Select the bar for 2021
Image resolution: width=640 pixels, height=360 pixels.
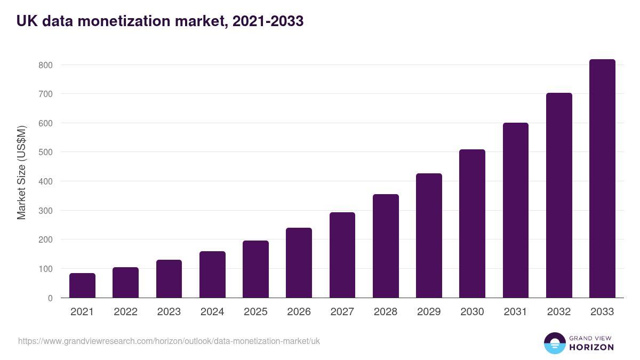pos(82,285)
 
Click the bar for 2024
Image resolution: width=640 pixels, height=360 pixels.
pos(212,274)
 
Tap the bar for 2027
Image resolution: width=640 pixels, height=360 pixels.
pos(342,255)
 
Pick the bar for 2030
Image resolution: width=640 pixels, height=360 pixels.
pos(472,223)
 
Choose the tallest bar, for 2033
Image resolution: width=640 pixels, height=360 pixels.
pos(602,179)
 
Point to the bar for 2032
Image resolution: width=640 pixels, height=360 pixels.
pos(559,195)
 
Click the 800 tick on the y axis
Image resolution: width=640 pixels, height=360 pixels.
pos(45,65)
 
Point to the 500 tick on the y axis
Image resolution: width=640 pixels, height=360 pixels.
pos(45,153)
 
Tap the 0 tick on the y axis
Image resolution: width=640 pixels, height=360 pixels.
pos(50,298)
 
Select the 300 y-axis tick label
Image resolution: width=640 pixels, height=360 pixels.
pos(45,211)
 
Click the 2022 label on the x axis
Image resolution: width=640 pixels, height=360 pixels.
pos(125,312)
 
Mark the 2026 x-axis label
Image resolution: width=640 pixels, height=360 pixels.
pos(299,312)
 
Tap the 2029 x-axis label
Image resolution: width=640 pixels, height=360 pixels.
pos(429,312)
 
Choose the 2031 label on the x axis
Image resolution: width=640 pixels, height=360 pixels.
pos(515,312)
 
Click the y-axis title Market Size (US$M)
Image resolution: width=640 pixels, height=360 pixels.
pos(21,172)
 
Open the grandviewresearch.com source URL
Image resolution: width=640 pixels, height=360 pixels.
pos(169,341)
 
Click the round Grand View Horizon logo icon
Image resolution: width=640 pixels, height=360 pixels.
pos(555,343)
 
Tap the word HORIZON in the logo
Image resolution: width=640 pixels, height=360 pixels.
pos(591,347)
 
